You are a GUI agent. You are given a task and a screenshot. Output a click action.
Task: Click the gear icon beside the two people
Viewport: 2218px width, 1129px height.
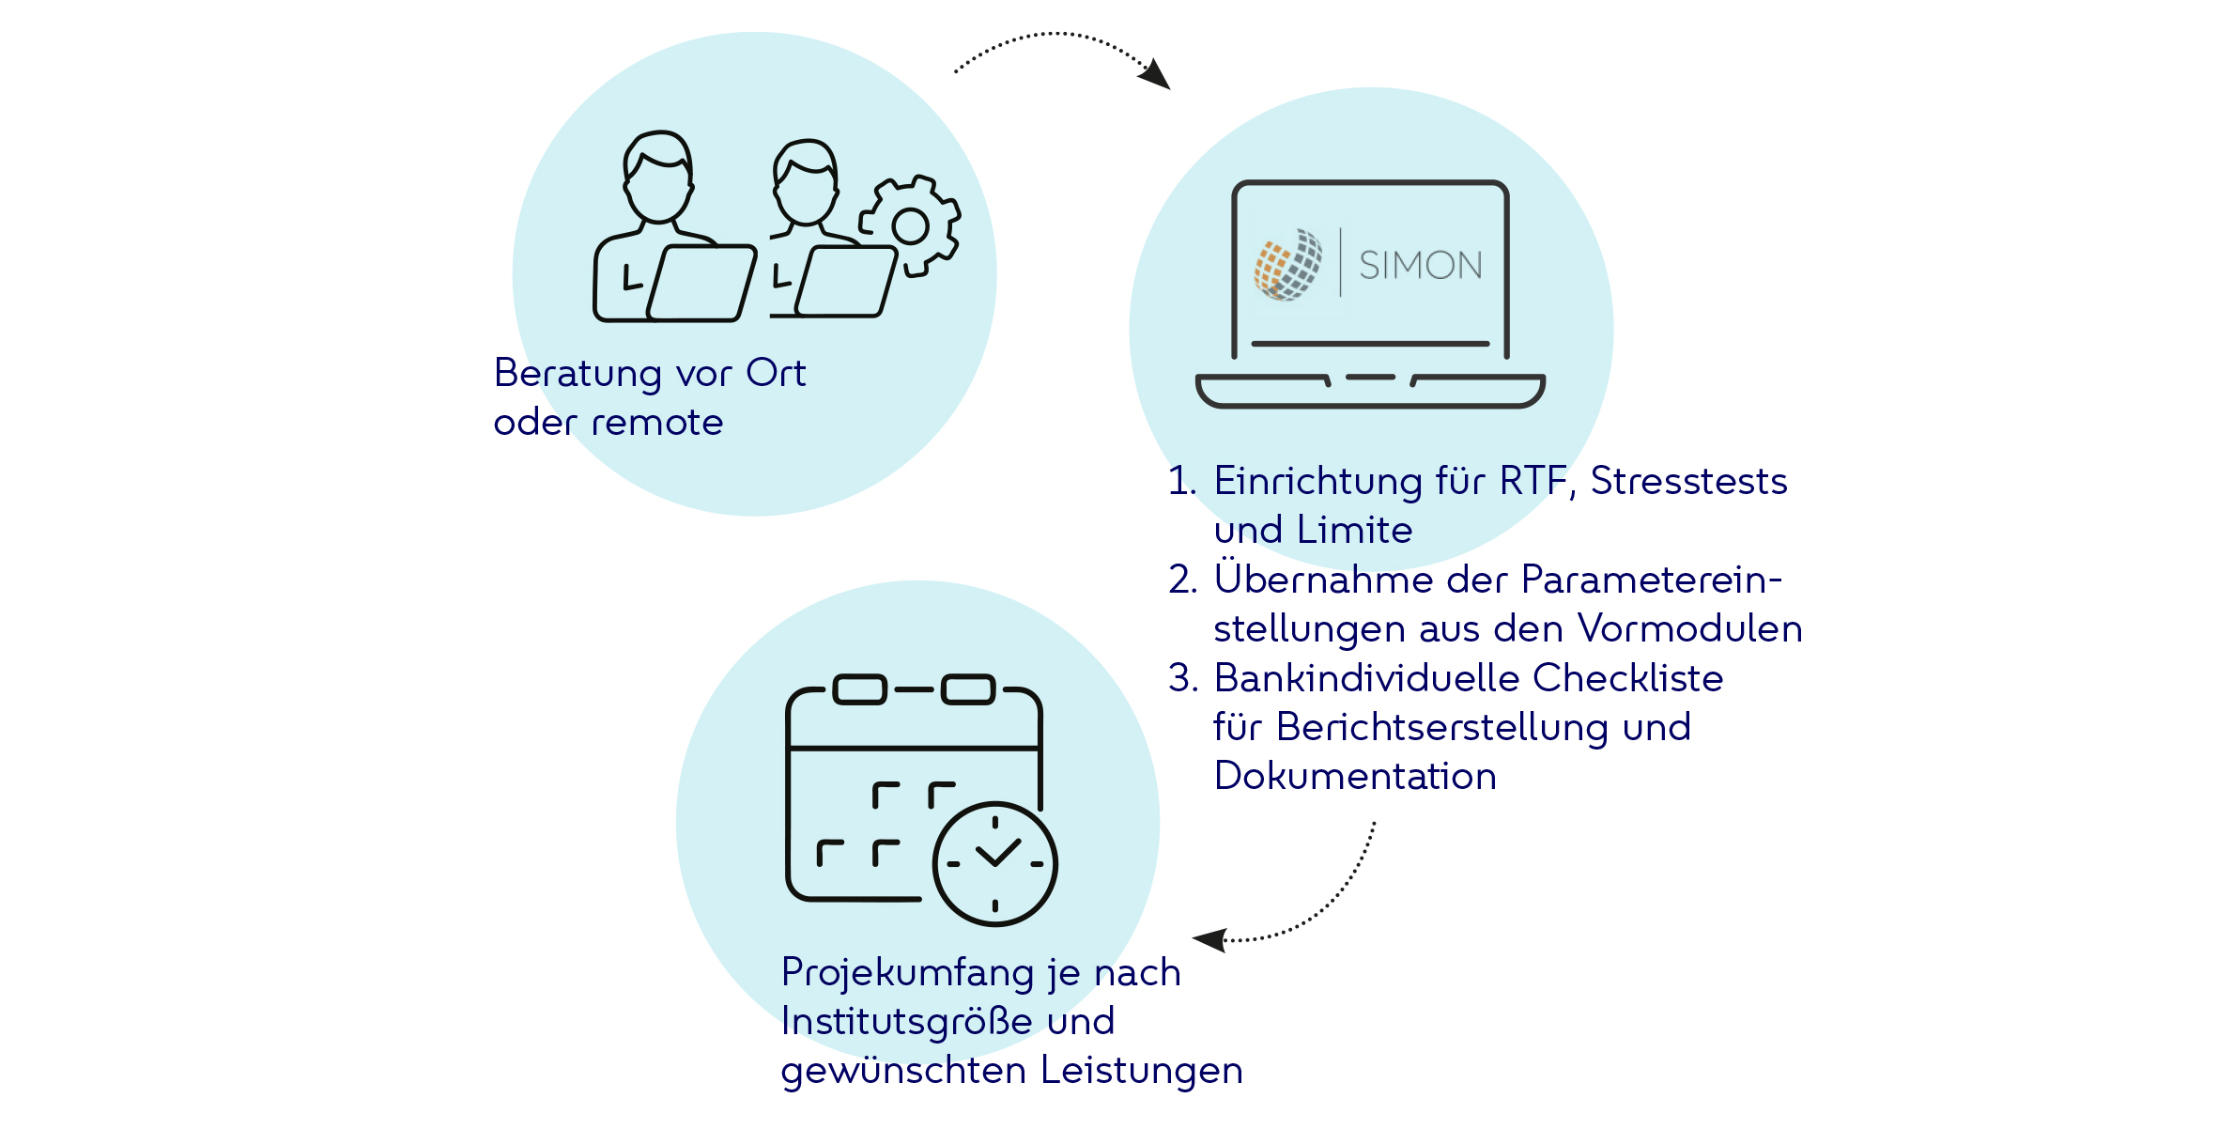910,225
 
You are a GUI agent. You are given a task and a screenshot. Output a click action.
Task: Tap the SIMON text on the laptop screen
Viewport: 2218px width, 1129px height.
1420,266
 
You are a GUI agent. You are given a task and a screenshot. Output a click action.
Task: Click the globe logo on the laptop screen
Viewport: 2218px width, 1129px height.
1288,265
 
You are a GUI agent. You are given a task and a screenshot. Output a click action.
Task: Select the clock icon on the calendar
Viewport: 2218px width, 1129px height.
994,863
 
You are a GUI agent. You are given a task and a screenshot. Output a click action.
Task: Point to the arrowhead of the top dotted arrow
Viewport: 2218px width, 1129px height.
1156,74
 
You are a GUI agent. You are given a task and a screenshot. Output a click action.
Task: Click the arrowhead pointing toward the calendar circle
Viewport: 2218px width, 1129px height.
1209,938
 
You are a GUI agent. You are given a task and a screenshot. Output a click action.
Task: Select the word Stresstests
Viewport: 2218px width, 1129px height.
1688,481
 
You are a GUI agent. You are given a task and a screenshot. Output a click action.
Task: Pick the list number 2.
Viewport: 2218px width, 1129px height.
1182,580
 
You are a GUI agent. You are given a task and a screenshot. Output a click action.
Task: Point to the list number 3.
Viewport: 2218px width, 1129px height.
1182,678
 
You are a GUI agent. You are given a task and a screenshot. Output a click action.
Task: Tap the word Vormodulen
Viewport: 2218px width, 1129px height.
1690,628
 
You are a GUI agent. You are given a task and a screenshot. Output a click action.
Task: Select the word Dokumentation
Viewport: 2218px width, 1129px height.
1355,777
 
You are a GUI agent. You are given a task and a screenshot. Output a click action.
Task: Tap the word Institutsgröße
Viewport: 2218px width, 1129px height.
906,1022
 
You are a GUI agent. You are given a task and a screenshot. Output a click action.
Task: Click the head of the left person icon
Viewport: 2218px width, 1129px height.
658,178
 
